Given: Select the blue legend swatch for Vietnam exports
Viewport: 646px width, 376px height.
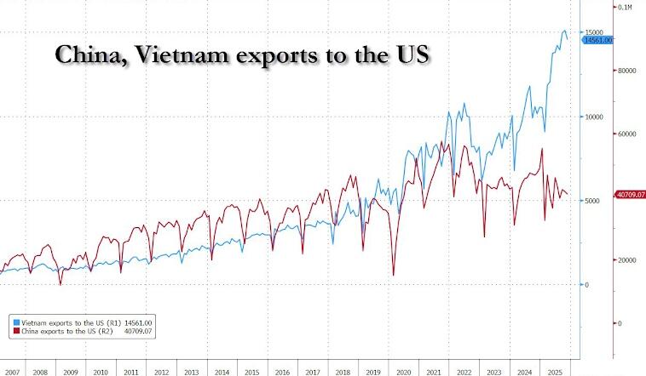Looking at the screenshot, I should coord(16,323).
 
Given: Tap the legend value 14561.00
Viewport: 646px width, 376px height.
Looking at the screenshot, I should coord(137,323).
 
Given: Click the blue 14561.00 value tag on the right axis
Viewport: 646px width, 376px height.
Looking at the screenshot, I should coord(596,40).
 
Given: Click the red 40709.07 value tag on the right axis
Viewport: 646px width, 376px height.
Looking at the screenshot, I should coord(630,195).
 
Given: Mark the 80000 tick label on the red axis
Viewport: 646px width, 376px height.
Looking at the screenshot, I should coord(628,71).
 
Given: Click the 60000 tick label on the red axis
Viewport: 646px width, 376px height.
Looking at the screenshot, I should coord(628,134).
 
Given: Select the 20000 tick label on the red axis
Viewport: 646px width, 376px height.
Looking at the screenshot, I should coord(628,260).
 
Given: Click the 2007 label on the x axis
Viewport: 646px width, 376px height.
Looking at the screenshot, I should coord(12,373).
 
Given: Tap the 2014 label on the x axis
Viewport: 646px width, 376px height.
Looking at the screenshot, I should coord(221,373).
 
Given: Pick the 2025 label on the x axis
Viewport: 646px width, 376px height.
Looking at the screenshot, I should coord(552,373).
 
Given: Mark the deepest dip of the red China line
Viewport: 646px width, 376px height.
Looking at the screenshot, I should coord(393,275).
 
